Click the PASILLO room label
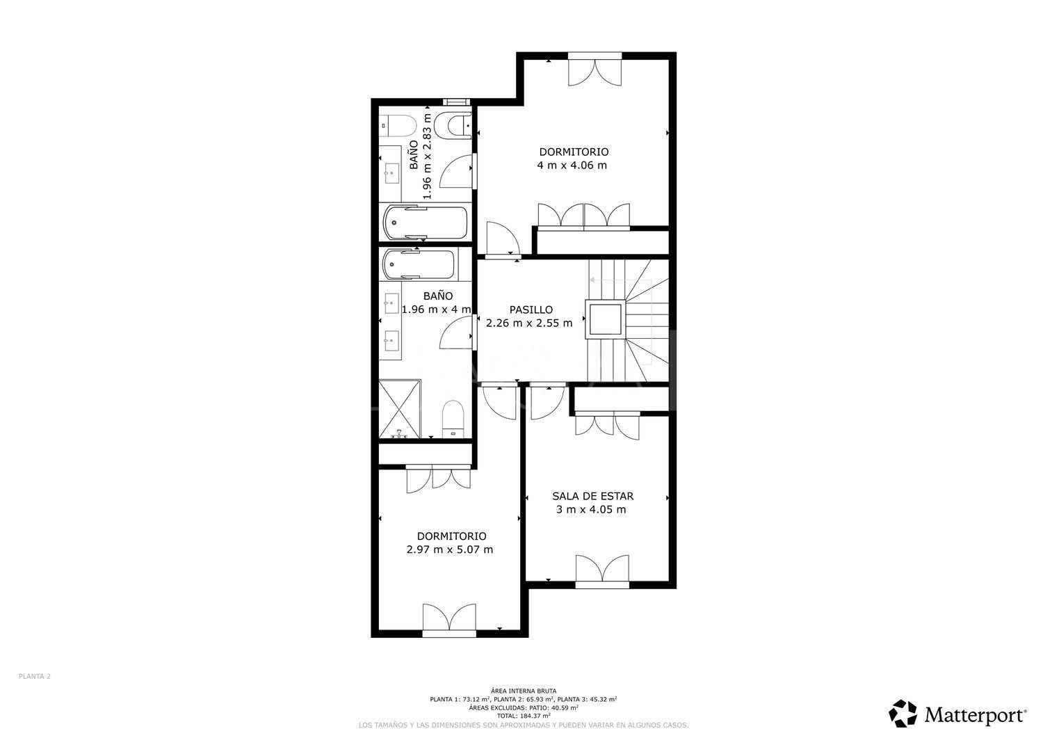click(530, 310)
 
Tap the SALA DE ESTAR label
click(592, 496)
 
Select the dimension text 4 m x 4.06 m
click(572, 166)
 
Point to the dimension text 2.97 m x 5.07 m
click(450, 550)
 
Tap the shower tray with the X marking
click(400, 409)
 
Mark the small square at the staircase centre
click(604, 321)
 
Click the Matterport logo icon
click(903, 714)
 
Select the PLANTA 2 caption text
click(34, 676)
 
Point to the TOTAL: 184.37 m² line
click(523, 715)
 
